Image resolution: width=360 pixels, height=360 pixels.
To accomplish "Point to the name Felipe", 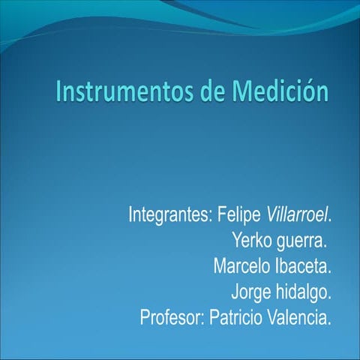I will click(x=239, y=215).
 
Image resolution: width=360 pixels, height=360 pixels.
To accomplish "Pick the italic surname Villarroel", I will click(x=298, y=215).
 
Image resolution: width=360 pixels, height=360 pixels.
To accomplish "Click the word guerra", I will click(x=301, y=241).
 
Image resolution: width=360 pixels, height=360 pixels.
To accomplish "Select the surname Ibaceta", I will click(x=303, y=266).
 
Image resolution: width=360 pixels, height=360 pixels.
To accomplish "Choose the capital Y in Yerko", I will click(x=237, y=241).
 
